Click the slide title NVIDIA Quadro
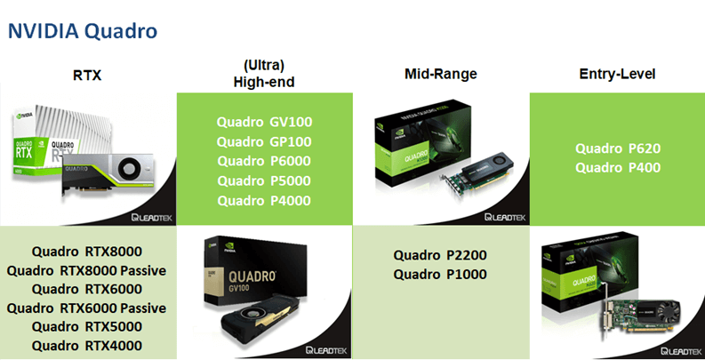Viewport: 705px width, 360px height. click(x=83, y=31)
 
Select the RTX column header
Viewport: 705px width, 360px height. click(x=87, y=75)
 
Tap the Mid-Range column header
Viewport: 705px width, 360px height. click(x=441, y=74)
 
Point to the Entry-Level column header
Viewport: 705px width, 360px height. click(x=617, y=74)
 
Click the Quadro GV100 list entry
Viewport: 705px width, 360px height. click(x=264, y=123)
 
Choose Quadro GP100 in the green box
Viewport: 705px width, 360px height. click(x=264, y=142)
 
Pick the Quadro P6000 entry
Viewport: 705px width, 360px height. click(x=264, y=161)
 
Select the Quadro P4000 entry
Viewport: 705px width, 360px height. click(x=264, y=201)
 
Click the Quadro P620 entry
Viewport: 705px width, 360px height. click(x=618, y=148)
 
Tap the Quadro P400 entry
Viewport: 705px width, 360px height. click(x=618, y=168)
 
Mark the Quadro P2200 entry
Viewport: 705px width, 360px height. click(x=440, y=255)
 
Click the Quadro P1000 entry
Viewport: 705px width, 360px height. click(x=440, y=275)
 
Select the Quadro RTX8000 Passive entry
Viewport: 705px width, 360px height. click(x=87, y=271)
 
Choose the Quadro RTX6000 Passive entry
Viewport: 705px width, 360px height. click(x=87, y=308)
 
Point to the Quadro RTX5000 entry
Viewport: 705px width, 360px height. click(x=87, y=327)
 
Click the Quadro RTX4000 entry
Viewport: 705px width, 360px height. click(x=87, y=346)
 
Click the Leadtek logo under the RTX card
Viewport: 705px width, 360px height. click(x=152, y=218)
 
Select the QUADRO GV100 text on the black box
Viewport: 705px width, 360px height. click(x=252, y=281)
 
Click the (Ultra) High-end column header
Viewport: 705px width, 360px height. click(x=264, y=74)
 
